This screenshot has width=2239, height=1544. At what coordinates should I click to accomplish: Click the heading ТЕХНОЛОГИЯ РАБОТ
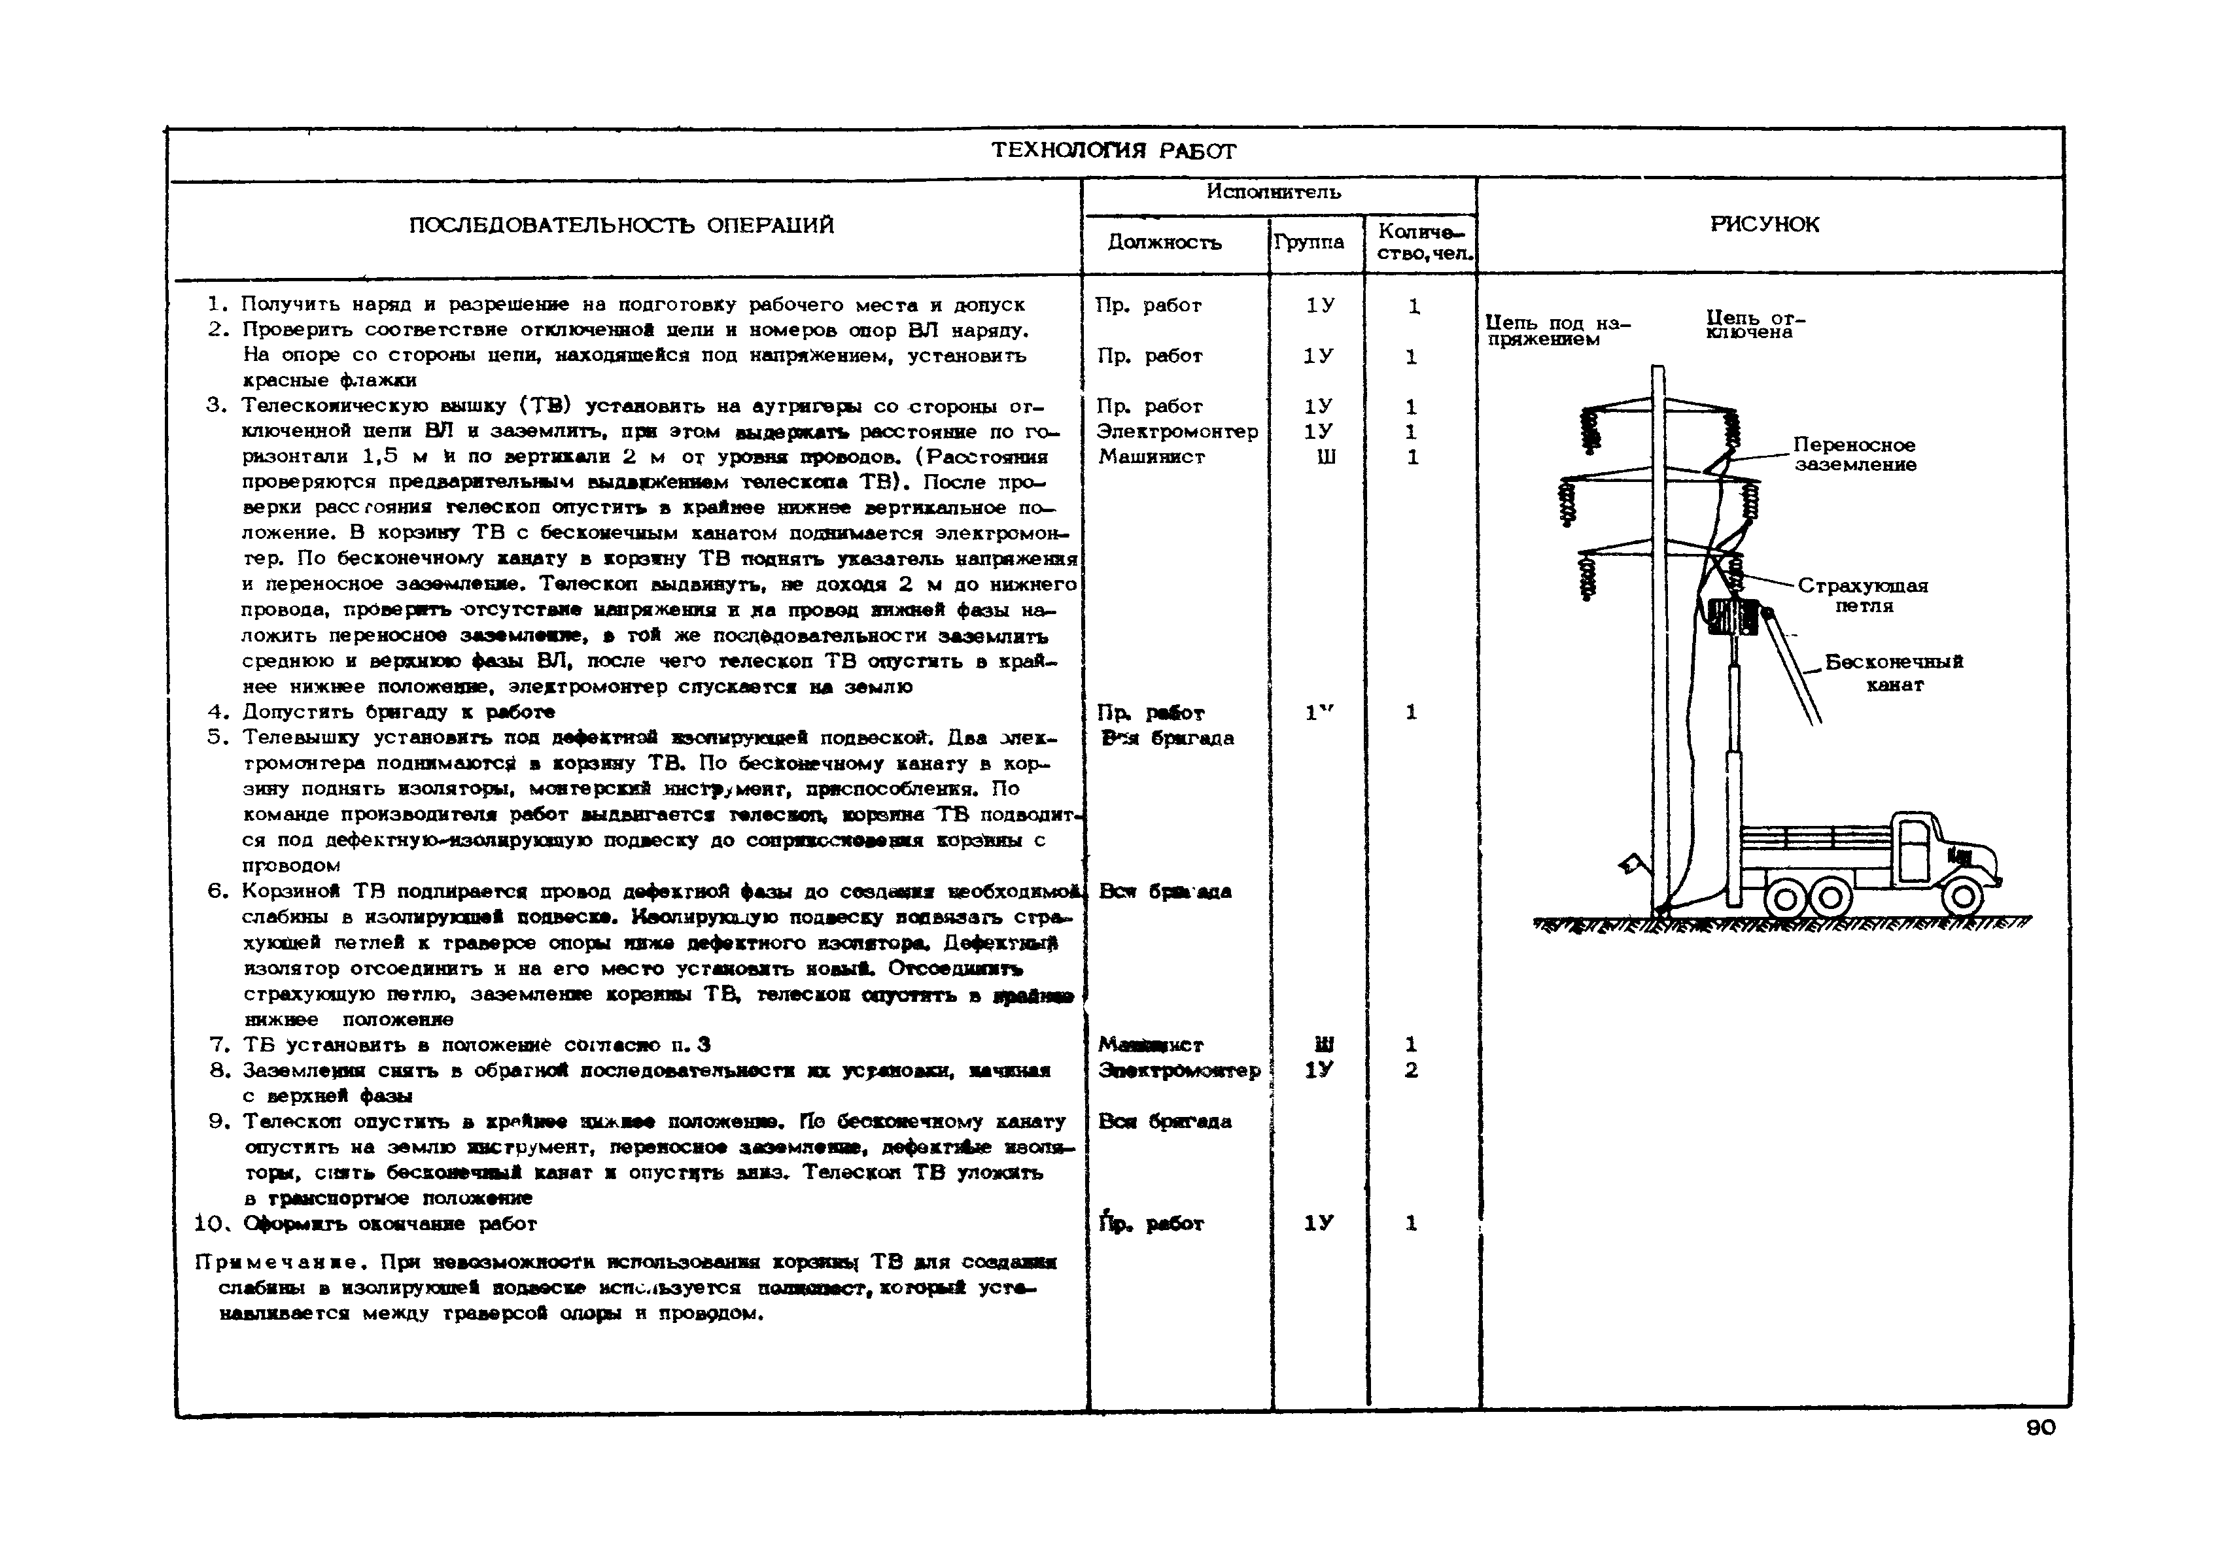1114,151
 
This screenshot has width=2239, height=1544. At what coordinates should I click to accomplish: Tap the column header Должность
1164,242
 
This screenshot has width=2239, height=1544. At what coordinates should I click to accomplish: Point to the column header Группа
1308,242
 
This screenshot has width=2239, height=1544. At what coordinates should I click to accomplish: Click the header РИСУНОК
1764,224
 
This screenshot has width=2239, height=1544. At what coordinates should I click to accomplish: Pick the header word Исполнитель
1274,192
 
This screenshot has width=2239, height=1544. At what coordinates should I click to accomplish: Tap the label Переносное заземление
1854,455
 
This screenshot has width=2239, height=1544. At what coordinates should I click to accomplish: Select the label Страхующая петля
1863,595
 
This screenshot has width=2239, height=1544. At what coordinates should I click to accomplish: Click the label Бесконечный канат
1894,674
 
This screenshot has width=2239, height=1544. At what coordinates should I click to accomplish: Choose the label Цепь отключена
1754,324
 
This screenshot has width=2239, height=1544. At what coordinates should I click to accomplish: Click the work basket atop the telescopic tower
1732,615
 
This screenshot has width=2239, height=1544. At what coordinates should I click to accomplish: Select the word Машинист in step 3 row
1151,456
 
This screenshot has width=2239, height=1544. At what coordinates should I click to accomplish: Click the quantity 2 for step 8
1411,1070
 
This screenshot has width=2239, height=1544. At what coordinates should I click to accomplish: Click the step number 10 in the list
210,1224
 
